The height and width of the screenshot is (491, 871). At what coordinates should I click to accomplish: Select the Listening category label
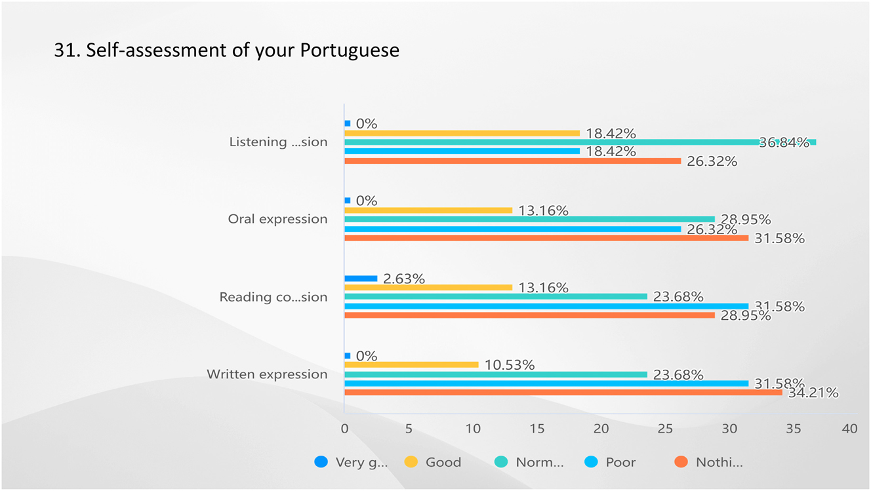coord(277,142)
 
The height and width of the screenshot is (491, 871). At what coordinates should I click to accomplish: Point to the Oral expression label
coord(277,219)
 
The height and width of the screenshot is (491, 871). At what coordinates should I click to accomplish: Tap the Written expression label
coord(267,374)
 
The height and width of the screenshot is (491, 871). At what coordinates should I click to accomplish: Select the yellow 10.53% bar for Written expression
coord(411,364)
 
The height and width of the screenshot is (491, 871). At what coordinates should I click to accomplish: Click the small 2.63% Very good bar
coord(361,279)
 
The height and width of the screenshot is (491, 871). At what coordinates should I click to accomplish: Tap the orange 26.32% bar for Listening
coord(512,161)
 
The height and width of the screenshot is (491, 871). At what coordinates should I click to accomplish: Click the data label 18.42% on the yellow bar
coord(611,133)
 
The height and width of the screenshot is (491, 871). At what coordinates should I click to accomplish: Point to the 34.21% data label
coord(813,393)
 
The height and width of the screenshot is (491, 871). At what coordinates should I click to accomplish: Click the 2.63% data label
coord(403,279)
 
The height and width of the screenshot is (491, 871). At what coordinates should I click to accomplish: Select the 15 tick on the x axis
coord(537,429)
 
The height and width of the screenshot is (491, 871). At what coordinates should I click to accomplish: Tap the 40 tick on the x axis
coord(849,429)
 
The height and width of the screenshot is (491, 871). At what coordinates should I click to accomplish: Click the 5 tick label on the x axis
coord(409,429)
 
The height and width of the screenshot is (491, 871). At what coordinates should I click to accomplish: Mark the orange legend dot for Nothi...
coord(681,462)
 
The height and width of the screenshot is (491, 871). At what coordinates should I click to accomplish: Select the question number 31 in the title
coord(65,50)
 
